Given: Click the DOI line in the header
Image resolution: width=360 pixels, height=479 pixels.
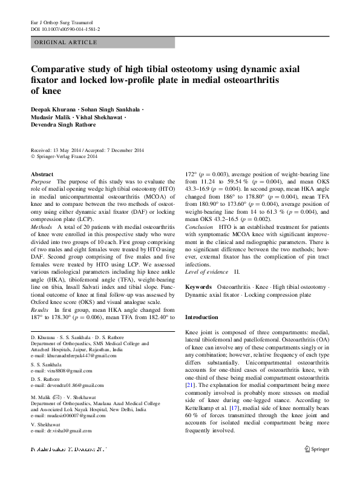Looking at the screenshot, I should point(65,28).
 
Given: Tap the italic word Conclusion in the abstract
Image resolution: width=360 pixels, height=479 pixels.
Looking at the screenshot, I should point(200,226).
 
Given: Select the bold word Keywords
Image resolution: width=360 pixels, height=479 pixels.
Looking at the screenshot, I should point(198,285).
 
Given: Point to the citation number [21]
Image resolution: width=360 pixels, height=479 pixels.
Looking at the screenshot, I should point(189,385).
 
